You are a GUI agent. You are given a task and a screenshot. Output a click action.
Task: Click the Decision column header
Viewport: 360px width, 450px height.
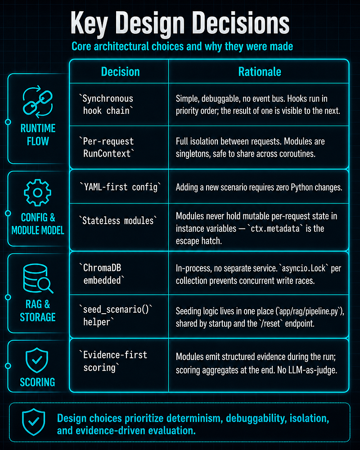120,72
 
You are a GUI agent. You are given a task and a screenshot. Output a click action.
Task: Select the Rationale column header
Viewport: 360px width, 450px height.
260,72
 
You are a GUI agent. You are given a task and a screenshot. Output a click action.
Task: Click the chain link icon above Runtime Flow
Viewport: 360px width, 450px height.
38,102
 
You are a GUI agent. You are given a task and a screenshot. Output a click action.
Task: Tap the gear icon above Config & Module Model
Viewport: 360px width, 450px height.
38,193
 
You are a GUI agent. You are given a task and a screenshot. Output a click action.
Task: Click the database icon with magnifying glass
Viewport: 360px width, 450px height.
38,278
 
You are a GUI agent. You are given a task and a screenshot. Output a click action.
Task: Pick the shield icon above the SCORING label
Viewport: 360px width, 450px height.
37,360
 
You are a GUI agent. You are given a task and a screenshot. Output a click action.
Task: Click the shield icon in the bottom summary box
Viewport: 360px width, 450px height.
34,422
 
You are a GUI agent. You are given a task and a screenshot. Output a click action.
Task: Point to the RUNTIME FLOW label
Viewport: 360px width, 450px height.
38,135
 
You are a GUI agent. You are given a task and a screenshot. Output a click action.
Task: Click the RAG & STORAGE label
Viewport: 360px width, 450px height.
38,310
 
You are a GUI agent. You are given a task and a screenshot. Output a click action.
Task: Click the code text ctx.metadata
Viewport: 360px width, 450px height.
275,229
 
